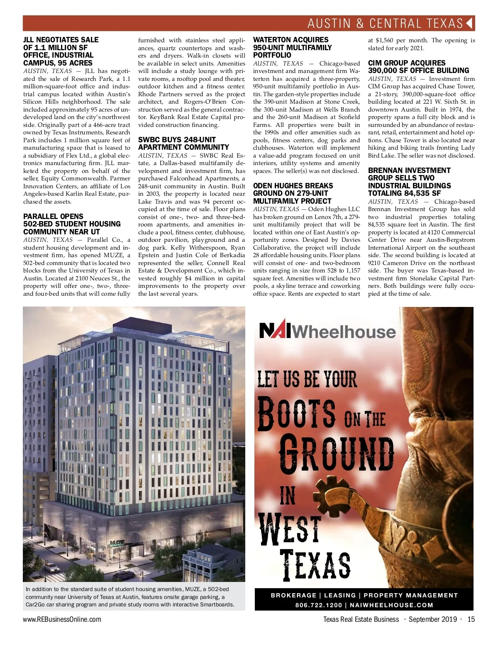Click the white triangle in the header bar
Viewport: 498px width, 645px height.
tap(469, 23)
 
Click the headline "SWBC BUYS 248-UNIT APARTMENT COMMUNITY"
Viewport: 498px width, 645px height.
tap(183, 144)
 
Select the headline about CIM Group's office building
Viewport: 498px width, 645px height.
tap(418, 67)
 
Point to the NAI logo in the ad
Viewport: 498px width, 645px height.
tap(276, 331)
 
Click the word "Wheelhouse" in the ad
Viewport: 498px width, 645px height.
tap(345, 332)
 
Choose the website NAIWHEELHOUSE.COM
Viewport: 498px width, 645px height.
tap(391, 605)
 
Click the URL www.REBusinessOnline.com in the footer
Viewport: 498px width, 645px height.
tap(62, 619)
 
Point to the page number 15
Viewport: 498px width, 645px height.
tap(471, 619)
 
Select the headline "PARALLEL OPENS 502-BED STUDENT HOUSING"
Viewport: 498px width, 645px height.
tap(72, 224)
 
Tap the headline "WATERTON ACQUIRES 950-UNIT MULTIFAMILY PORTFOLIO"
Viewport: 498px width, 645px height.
tap(292, 47)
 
